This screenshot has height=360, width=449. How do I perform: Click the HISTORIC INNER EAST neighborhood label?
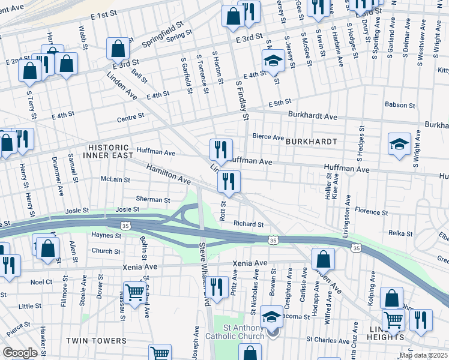(108, 152)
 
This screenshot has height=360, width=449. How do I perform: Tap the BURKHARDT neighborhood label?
(310, 142)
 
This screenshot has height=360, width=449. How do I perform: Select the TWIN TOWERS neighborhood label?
(96, 341)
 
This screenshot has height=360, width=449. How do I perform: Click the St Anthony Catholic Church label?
(243, 332)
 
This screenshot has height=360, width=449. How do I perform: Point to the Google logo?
(19, 353)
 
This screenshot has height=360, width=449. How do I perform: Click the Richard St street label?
(249, 224)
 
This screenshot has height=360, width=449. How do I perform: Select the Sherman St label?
(153, 199)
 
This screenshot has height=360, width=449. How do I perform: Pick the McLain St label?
(115, 179)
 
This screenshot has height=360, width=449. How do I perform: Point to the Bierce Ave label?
(268, 137)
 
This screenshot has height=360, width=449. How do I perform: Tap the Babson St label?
(397, 104)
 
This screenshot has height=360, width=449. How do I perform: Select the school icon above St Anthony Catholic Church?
(271, 316)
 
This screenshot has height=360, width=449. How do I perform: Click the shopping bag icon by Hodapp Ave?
(323, 259)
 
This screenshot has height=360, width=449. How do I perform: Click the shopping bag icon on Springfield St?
(118, 49)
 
